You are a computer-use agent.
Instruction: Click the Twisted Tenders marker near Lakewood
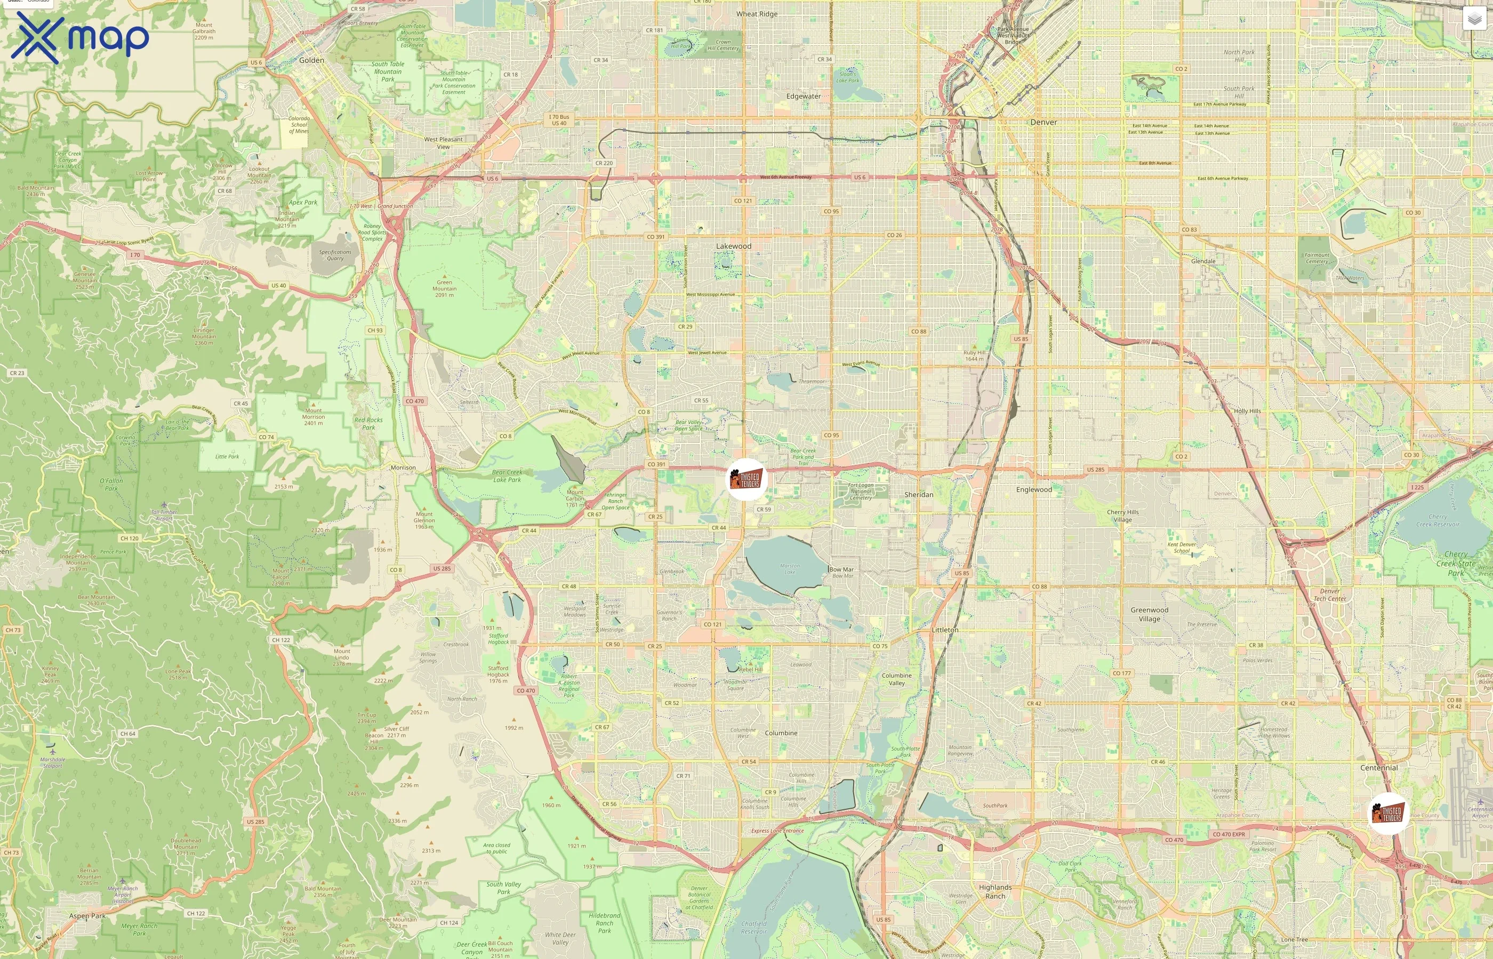point(746,479)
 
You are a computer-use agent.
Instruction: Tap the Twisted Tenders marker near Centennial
point(1388,813)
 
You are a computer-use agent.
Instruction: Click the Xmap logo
point(80,37)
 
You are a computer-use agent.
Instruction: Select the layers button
point(1474,19)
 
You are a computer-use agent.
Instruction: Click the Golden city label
point(311,60)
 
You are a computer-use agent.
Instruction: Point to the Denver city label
point(1043,122)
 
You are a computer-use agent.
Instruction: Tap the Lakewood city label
point(733,246)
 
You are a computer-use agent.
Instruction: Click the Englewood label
point(1034,490)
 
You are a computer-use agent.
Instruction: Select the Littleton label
point(945,630)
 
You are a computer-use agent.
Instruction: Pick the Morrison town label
point(403,468)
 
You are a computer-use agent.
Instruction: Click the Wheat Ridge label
point(757,14)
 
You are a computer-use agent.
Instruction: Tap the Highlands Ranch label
point(995,891)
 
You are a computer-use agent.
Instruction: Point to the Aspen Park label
point(87,916)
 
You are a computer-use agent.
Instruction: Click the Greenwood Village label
point(1149,614)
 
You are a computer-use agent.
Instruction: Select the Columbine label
point(781,733)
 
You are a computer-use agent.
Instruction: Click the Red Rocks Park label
point(368,424)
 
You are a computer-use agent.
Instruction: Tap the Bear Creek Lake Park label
point(507,476)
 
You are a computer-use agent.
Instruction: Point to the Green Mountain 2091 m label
point(444,288)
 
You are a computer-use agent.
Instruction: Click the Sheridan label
point(919,494)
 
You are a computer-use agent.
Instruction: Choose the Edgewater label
point(803,96)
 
